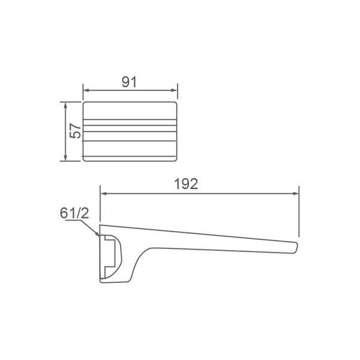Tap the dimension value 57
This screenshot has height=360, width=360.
click(75, 131)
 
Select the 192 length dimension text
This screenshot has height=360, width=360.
click(187, 184)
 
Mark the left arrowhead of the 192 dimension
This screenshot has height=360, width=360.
click(103, 194)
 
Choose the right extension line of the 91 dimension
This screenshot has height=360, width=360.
click(179, 93)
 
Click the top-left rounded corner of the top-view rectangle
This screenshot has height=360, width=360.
click(85, 104)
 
